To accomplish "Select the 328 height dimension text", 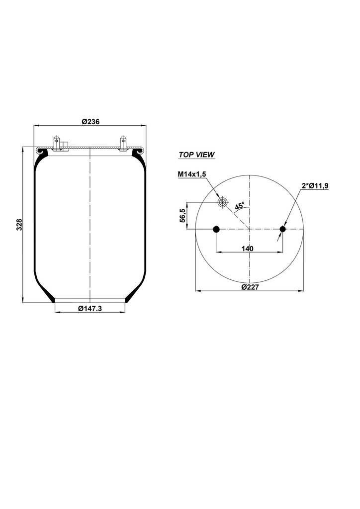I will coord(19,225).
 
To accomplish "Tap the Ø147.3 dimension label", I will coord(90,308).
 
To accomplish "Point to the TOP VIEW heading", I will coord(196,155).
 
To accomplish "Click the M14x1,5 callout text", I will coord(191,173).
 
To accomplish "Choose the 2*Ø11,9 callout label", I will coord(315,185).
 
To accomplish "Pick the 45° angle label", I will coord(240,206).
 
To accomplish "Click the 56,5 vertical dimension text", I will coord(182,216).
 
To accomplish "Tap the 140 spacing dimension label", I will coord(248,248).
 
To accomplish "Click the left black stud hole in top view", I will coord(216,229).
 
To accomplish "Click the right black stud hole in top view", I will coord(283,229).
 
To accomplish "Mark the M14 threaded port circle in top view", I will coord(222,202).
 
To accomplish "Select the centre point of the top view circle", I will coord(250,229).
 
